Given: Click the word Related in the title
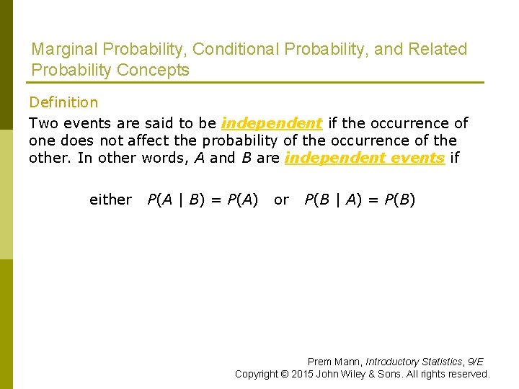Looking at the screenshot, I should point(438,50).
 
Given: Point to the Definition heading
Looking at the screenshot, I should point(63,103).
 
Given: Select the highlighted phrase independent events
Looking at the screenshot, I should point(365,158).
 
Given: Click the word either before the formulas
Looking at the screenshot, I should point(110,200).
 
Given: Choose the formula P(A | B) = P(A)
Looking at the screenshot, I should point(203,200).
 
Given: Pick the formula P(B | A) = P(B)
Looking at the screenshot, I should point(360,200).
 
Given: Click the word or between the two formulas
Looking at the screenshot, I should point(281,200).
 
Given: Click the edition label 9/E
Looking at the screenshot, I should point(476,362).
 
